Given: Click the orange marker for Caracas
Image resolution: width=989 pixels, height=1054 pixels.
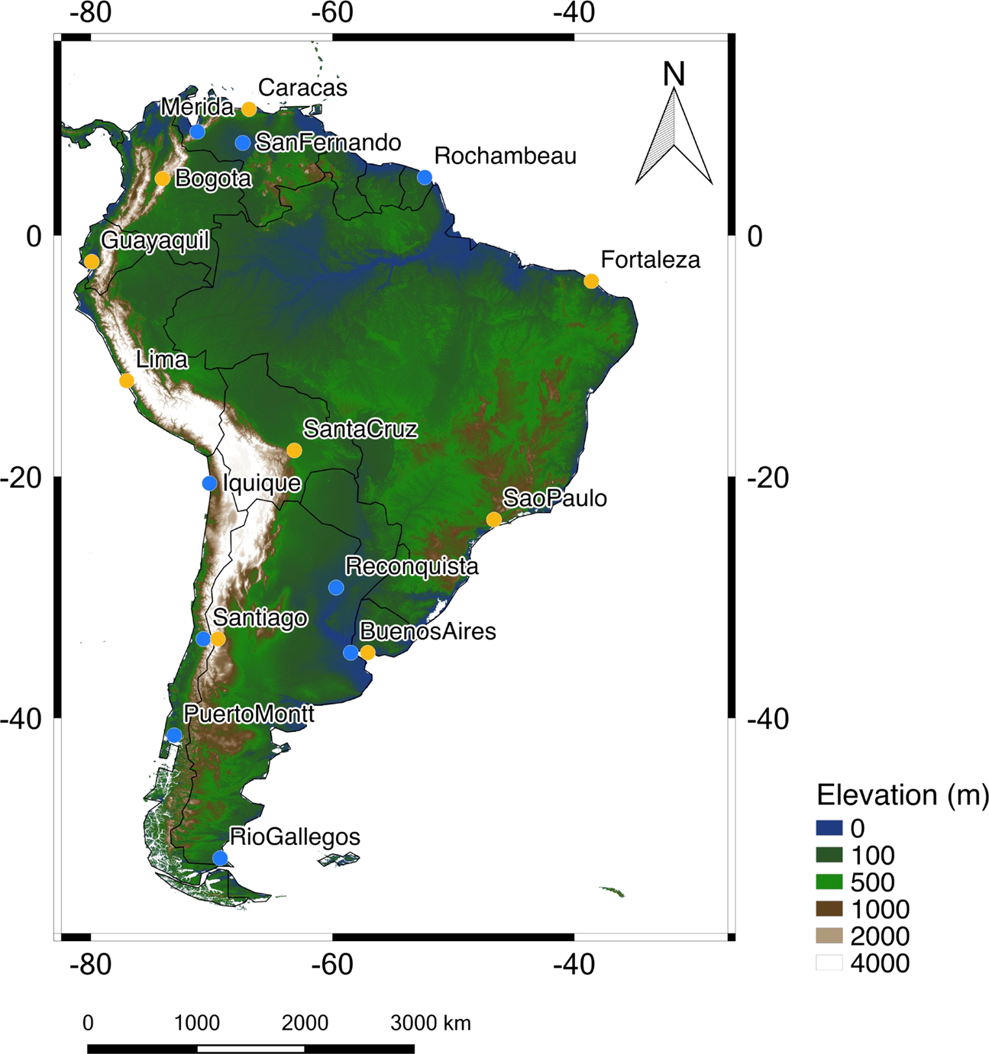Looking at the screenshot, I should pos(249,109).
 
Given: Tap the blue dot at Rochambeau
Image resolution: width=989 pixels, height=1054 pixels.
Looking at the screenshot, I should pos(425,177).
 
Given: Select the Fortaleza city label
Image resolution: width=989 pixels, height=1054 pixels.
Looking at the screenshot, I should pos(650,260).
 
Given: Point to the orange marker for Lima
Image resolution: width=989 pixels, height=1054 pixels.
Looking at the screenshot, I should pos(127,380).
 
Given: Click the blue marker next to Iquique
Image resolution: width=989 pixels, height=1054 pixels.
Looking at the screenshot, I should pos(209,483).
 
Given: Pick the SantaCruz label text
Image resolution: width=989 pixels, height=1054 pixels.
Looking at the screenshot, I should pos(360,429).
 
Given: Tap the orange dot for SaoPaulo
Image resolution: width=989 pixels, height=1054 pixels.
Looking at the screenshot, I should pos(494,520).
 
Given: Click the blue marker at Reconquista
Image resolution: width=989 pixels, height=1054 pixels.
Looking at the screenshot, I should pos(336,587).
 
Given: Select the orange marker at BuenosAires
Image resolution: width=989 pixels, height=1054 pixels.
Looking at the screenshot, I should pos(367,653).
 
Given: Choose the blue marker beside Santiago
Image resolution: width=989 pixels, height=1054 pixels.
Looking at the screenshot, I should pos(202,639).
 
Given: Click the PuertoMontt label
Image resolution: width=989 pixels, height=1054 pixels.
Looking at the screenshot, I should pos(249,714).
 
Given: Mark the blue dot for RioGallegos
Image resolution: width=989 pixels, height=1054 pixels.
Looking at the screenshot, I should pos(220,858).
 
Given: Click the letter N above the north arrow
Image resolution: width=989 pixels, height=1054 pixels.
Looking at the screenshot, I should pos(674,74).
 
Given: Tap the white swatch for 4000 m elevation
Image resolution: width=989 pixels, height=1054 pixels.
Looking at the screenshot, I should pos(829,962).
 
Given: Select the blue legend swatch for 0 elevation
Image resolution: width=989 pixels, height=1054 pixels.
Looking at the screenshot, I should pos(829,828).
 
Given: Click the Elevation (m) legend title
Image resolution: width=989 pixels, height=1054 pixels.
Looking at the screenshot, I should pos(902,795).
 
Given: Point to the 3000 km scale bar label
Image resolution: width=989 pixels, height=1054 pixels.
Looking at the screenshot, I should pos(431,1023).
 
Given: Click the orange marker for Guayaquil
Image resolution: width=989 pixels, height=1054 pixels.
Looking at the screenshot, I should pos(92,262).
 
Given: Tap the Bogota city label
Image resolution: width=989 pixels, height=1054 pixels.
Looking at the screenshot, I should pos(213,179).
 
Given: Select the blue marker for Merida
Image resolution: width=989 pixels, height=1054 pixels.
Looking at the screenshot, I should pos(197,131).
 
